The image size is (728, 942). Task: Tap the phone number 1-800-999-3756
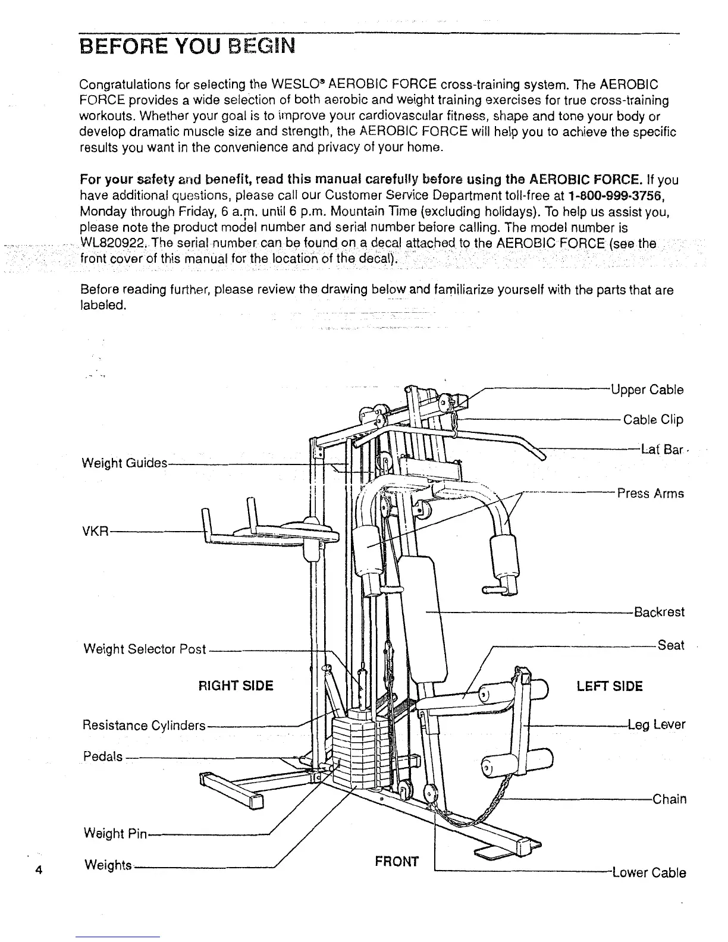tap(611, 195)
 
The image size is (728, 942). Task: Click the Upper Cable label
tap(647, 390)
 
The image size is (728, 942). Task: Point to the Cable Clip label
tap(653, 420)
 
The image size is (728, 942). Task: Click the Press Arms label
tap(650, 494)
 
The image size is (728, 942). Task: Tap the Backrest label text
tap(659, 613)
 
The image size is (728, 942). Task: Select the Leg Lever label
tap(657, 725)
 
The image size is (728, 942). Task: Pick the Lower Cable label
tap(649, 873)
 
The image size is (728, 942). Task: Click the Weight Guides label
tap(124, 463)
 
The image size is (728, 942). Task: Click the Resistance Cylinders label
tap(143, 726)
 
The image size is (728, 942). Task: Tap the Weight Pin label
tap(115, 834)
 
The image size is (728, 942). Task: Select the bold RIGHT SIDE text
tap(236, 686)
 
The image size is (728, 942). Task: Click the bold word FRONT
tap(397, 861)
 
